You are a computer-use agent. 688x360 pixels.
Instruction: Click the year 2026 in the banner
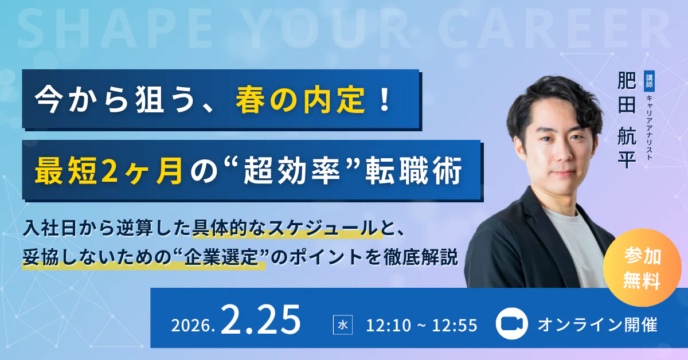(192, 325)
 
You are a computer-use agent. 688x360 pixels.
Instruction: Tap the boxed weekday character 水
(343, 325)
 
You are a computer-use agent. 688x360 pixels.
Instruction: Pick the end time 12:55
(456, 325)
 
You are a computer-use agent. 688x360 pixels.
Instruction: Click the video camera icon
(511, 324)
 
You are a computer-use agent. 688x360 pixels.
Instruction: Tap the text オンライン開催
(597, 324)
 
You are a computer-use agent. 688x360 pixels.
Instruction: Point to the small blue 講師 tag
(650, 81)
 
